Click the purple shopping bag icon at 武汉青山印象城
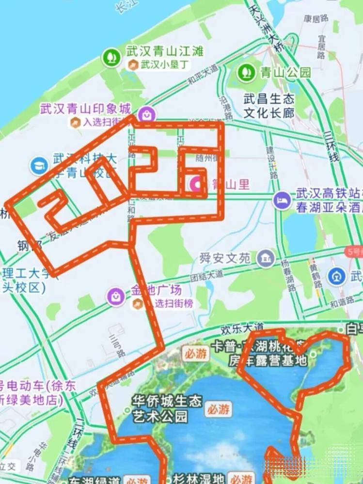(146, 114)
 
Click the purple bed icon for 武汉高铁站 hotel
(282, 199)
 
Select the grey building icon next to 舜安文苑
(266, 258)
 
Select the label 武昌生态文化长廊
(269, 106)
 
